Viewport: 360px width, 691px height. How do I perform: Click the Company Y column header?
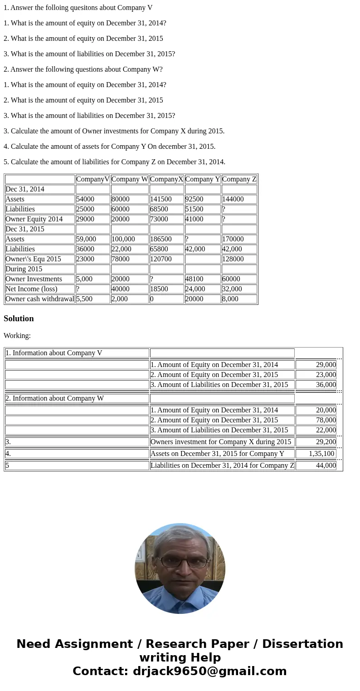[203, 179]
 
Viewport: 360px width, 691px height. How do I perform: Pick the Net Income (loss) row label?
[32, 289]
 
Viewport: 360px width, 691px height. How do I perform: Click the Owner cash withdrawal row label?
[40, 299]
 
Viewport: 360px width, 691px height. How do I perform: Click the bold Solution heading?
[19, 319]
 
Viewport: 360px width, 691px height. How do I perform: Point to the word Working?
[17, 336]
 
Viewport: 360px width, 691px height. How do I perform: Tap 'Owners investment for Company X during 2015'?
[221, 442]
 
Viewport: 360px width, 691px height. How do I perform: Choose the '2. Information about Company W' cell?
[55, 398]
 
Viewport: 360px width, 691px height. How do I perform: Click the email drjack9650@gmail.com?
[209, 671]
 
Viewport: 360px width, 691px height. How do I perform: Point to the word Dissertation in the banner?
[302, 644]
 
